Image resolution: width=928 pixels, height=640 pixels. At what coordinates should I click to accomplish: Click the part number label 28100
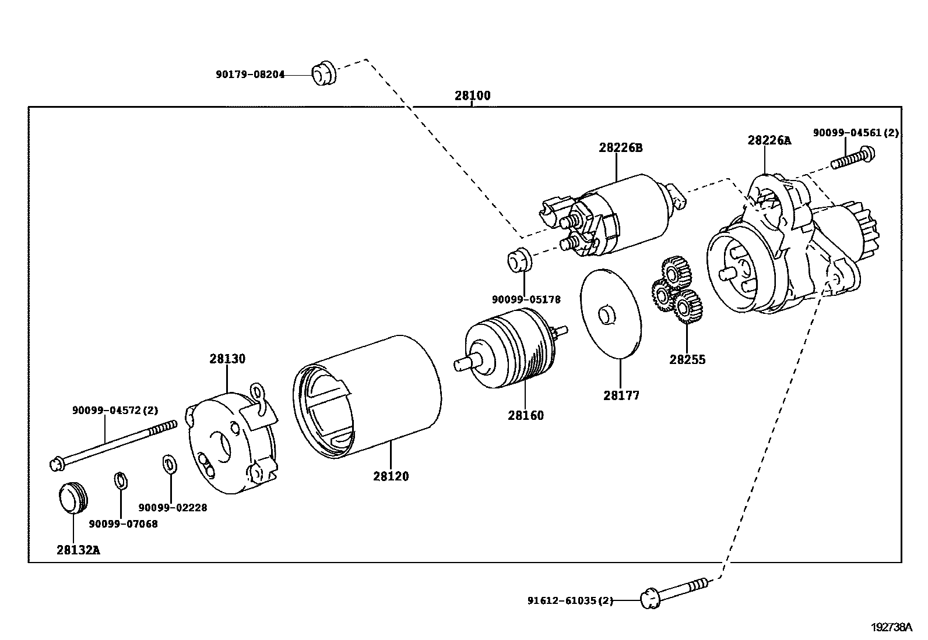pos(472,96)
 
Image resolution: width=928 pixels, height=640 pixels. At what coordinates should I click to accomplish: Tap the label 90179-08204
pos(250,75)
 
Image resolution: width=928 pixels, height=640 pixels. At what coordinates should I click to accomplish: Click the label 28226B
pos(620,147)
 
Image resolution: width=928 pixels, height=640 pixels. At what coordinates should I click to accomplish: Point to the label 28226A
pos(769,140)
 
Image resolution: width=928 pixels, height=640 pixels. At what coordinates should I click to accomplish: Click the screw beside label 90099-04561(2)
pos(853,158)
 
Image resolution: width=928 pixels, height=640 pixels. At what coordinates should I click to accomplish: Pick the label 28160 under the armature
pos(525,415)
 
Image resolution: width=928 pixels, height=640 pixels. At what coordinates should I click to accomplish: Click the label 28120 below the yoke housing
pos(391,476)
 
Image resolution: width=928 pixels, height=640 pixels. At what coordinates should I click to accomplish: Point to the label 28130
pos(227,359)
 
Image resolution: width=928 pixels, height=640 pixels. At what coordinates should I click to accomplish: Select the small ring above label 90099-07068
pos(120,481)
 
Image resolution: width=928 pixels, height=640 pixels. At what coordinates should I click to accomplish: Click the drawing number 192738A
pos(891,627)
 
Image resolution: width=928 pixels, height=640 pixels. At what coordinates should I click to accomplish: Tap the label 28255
pos(687,359)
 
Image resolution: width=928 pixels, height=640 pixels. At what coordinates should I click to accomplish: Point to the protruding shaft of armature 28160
pos(464,363)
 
